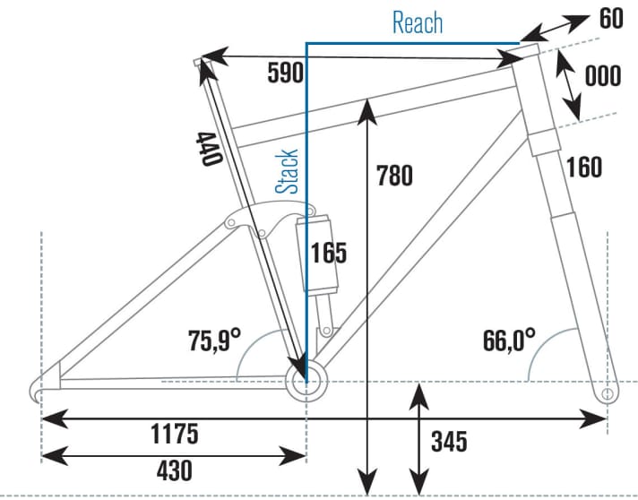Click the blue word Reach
tap(418, 22)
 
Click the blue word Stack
tap(287, 171)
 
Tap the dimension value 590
tap(285, 73)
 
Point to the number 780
tap(394, 176)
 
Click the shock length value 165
tap(328, 253)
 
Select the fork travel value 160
tap(583, 167)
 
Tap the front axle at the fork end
tap(607, 392)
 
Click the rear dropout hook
tap(38, 388)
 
